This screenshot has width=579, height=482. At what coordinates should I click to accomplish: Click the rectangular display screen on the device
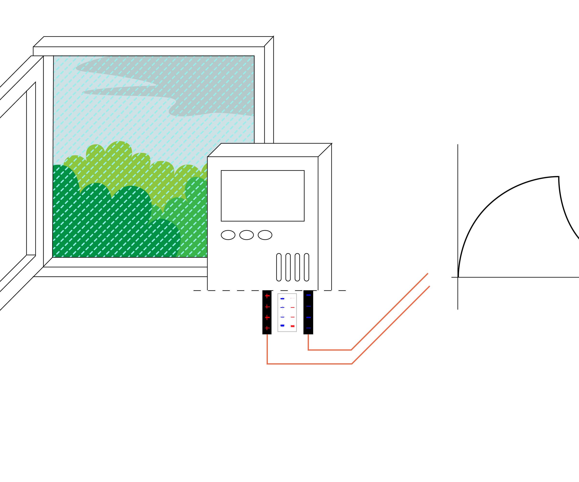[262, 195]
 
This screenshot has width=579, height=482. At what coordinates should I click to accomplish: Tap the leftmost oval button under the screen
[228, 235]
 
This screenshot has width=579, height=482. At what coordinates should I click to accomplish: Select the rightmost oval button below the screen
[265, 235]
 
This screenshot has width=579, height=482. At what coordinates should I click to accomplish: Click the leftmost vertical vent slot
[279, 267]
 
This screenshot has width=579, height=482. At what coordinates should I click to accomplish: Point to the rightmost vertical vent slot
[306, 267]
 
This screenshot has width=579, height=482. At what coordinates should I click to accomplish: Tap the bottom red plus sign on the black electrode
[267, 328]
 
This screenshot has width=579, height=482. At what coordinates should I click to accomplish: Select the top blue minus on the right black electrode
[309, 295]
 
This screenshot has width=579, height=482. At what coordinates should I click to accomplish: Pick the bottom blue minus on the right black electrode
[309, 328]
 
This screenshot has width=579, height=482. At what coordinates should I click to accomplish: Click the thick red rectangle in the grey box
[293, 326]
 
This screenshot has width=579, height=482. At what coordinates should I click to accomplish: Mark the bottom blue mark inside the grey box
[282, 326]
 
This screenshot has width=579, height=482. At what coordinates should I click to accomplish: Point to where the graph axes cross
[458, 277]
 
